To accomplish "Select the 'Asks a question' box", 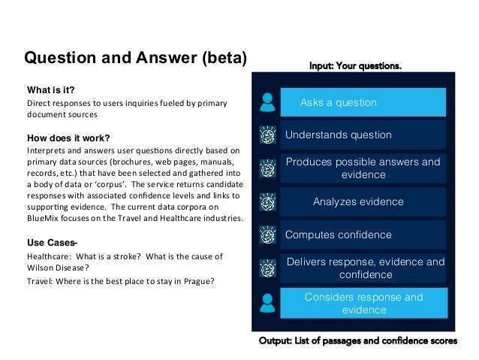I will click(x=363, y=102).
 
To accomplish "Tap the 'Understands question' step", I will click(x=363, y=135).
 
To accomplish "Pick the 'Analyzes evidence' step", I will click(x=363, y=201).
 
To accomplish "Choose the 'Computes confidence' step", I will click(x=363, y=234).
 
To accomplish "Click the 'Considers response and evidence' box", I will click(x=363, y=303).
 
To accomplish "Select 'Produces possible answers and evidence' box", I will click(x=363, y=168).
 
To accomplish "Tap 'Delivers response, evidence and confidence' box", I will click(x=363, y=268).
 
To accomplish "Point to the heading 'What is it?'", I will click(x=51, y=89).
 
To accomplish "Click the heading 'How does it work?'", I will click(x=68, y=138).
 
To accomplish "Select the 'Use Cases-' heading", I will click(x=53, y=243).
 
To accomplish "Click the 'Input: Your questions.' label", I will click(x=355, y=66).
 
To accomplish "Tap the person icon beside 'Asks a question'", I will click(x=267, y=101).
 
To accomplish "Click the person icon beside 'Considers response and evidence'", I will click(x=267, y=302).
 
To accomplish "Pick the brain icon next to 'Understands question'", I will click(x=267, y=135).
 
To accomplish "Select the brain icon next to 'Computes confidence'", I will click(x=267, y=234).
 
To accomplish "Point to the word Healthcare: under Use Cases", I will click(x=47, y=256).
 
